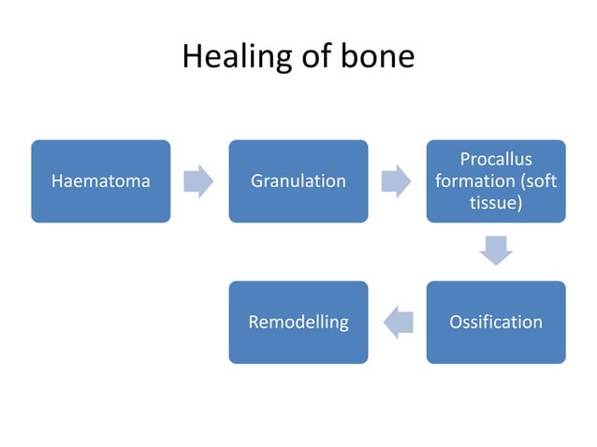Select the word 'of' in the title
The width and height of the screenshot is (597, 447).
(x=312, y=57)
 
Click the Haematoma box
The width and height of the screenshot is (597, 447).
(x=101, y=181)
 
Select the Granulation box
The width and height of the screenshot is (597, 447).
(x=298, y=181)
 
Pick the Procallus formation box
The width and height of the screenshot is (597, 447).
(x=496, y=181)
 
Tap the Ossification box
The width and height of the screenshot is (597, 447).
(x=496, y=322)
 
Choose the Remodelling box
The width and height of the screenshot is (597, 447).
(x=298, y=322)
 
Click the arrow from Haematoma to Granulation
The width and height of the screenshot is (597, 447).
(x=198, y=181)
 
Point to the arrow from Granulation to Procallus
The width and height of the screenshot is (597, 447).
(x=397, y=181)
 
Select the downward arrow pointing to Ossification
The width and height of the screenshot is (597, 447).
(x=496, y=251)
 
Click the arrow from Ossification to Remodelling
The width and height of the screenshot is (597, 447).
(x=398, y=322)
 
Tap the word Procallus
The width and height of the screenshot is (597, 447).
(x=496, y=160)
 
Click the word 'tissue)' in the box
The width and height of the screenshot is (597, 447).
(x=496, y=202)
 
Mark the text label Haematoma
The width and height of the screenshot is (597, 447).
(x=101, y=181)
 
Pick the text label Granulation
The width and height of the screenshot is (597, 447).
(x=298, y=181)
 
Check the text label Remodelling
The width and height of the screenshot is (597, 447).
(x=298, y=322)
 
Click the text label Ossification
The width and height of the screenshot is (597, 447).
(x=496, y=322)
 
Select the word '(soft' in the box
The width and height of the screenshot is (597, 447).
(x=537, y=180)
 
